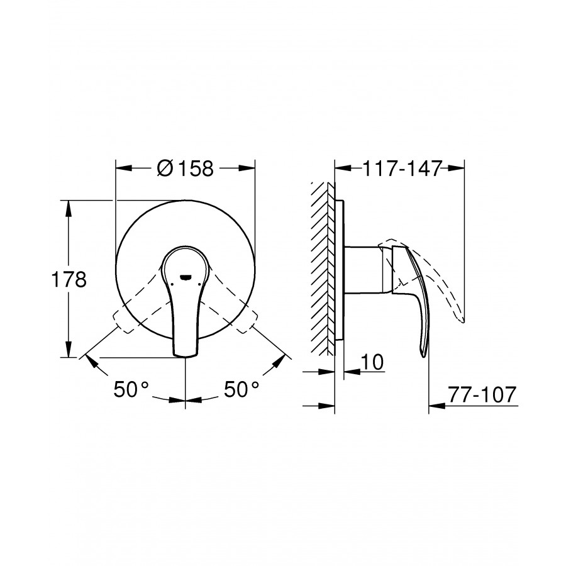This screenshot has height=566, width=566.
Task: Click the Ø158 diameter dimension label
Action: coord(186,168)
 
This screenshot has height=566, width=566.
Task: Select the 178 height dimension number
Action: coord(69,279)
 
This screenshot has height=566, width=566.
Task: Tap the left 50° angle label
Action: coord(131,389)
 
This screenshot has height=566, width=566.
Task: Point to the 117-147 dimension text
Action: coord(402,168)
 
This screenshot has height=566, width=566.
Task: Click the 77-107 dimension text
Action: coord(482,394)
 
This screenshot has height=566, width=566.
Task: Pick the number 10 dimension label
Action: coord(372,362)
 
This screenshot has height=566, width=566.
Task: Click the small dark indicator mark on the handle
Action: coord(186,277)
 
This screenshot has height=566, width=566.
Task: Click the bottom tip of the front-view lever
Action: coord(186,357)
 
